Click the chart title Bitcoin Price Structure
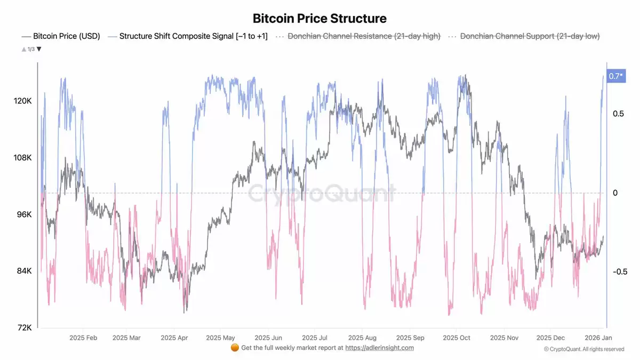click(x=319, y=19)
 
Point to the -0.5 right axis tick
click(x=620, y=271)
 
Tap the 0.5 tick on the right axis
click(x=618, y=114)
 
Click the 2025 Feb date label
click(x=83, y=338)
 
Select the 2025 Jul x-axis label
click(x=315, y=338)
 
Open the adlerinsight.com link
click(x=379, y=348)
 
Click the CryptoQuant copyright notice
click(x=584, y=349)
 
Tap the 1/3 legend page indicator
click(x=31, y=49)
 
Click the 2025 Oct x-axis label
click(x=457, y=338)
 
